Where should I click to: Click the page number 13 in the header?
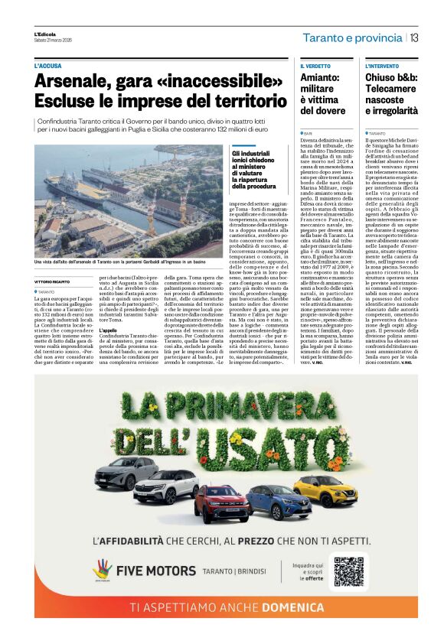(x=413, y=37)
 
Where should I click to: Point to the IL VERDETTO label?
(x=315, y=67)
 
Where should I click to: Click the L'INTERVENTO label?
(x=382, y=67)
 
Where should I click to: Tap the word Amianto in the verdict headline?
(x=320, y=77)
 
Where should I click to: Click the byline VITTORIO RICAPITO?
(x=56, y=282)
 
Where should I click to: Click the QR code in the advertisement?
(x=348, y=571)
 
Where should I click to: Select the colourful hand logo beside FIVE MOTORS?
(x=102, y=570)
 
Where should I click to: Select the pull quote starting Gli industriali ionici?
(x=255, y=170)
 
